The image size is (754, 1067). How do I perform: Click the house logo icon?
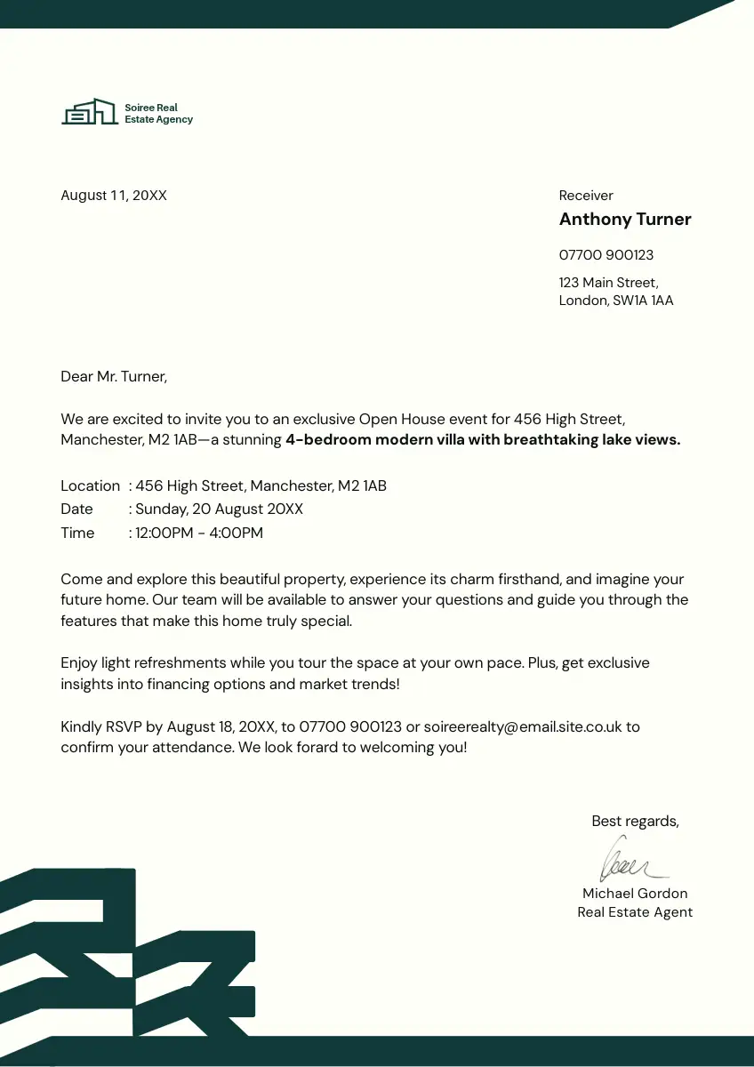89,112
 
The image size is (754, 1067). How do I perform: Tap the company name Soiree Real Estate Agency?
158,114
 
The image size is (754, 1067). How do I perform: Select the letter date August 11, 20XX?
114,196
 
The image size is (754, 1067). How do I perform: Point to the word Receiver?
586,196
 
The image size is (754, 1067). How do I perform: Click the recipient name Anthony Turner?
625,220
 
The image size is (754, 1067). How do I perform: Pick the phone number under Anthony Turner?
606,255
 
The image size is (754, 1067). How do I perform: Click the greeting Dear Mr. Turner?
114,377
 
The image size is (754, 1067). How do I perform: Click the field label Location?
90,486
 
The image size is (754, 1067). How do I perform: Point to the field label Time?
77,533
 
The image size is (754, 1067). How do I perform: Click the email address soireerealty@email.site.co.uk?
522,727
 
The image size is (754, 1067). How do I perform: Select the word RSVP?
124,727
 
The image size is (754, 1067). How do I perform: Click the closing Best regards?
635,822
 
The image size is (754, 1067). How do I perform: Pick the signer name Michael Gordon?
635,894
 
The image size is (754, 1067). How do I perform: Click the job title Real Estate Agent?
635,912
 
